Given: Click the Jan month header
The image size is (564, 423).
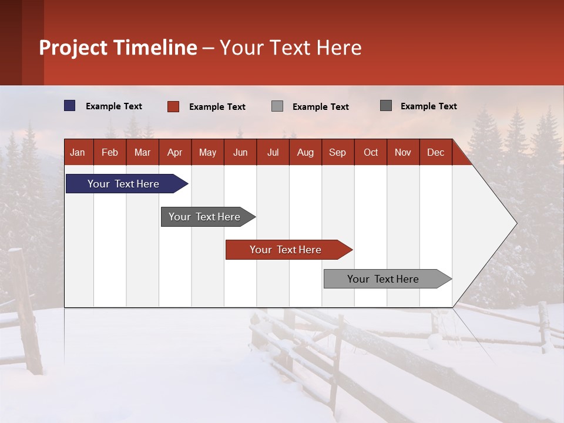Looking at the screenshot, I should point(78,152).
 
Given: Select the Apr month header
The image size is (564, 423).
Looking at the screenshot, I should point(174,152).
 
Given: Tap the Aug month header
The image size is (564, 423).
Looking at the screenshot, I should point(305,152).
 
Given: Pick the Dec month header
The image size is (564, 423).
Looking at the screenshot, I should point(435,152).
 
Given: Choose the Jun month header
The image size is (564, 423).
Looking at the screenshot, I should point(240,152).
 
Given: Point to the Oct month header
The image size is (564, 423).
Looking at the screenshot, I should point(370,152).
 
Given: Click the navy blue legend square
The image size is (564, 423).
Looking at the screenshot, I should point(70,106).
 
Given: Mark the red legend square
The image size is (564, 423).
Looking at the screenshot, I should point(173,106).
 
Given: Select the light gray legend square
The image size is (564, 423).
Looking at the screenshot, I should point(277,106).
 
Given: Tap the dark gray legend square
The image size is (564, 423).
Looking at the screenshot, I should point(386,106).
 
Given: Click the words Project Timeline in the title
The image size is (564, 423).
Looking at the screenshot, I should point(117,48).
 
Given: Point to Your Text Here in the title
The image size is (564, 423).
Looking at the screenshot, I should point(290,48).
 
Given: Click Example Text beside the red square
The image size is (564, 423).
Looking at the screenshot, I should point(217,107).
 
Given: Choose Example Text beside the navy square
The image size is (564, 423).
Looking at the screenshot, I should point(113,106).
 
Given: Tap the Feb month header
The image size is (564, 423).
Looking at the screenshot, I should point(110,152).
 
